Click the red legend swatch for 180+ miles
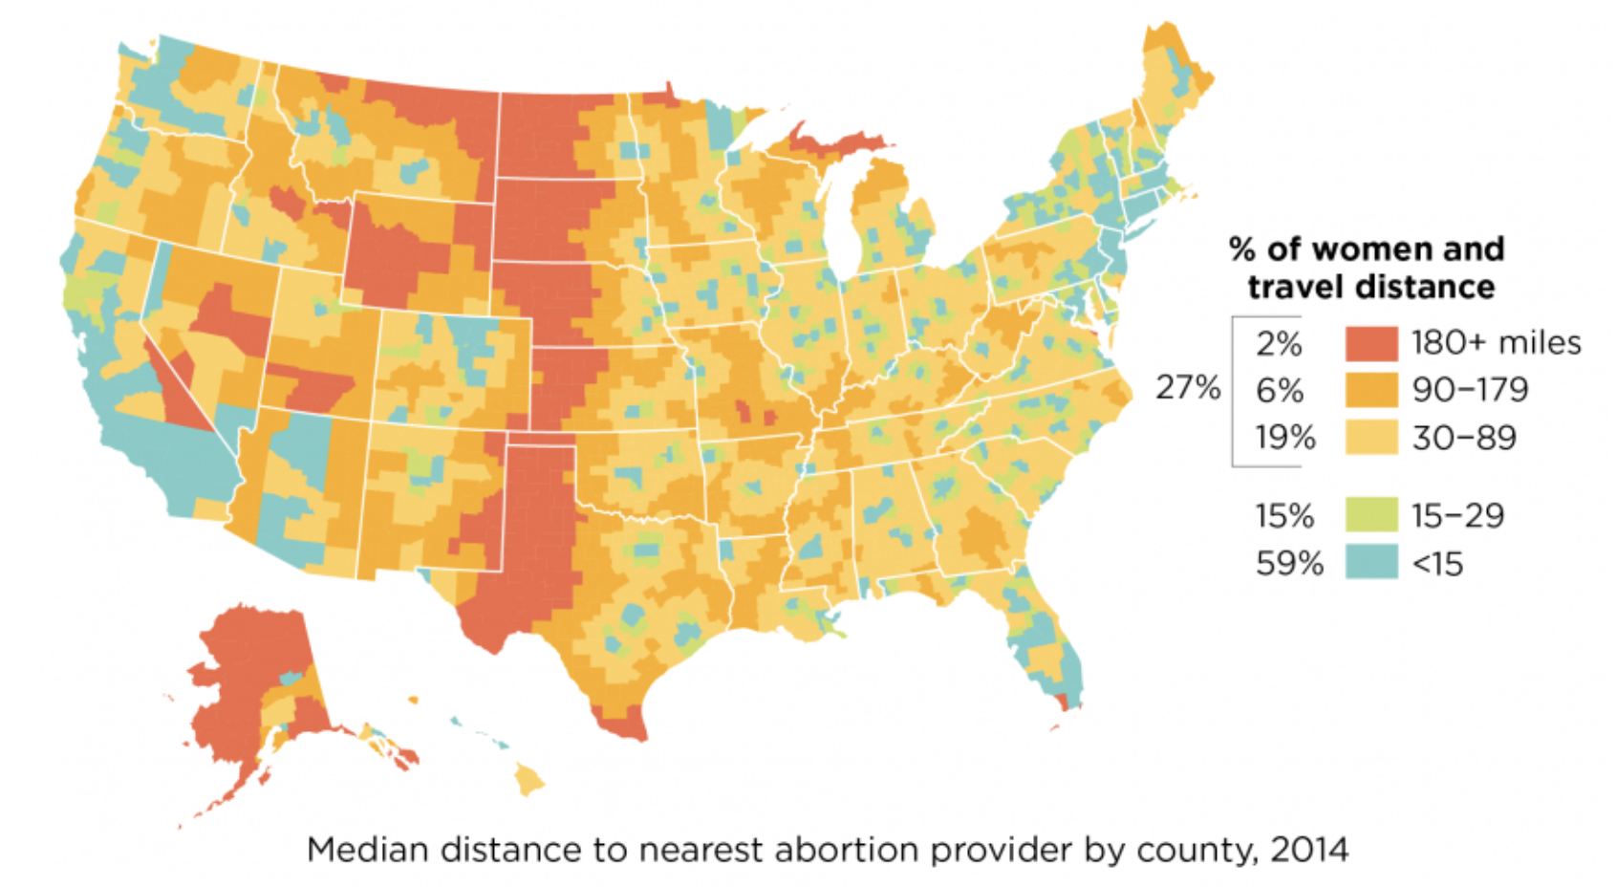click(1371, 343)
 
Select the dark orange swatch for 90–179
click(1371, 390)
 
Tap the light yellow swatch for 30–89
click(1371, 438)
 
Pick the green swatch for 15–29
click(1371, 515)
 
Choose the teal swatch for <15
click(1371, 563)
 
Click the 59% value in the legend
click(1289, 564)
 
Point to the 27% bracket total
click(1188, 388)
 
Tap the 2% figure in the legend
click(1279, 343)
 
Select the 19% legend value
click(1285, 438)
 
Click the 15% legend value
click(1284, 516)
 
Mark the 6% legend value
click(1280, 390)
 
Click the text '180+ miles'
click(1496, 342)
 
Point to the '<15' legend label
click(1437, 564)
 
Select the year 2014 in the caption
click(1308, 849)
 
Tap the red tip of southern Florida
click(1067, 704)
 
